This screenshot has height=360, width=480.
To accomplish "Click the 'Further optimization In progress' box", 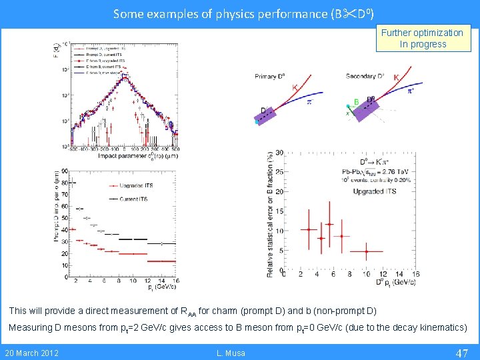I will (x=423, y=39).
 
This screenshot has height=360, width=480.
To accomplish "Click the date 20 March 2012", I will (x=31, y=353).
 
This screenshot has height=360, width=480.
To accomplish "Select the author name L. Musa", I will (x=231, y=353).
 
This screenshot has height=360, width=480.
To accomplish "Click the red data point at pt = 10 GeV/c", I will (x=367, y=251).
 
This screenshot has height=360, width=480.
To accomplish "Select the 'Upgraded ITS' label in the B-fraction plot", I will (x=373, y=191).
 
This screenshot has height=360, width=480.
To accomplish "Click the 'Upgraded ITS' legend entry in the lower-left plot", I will (x=132, y=185).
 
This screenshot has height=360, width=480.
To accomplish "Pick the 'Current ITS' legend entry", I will (x=133, y=199).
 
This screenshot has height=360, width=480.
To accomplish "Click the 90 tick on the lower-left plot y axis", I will (x=65, y=171).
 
